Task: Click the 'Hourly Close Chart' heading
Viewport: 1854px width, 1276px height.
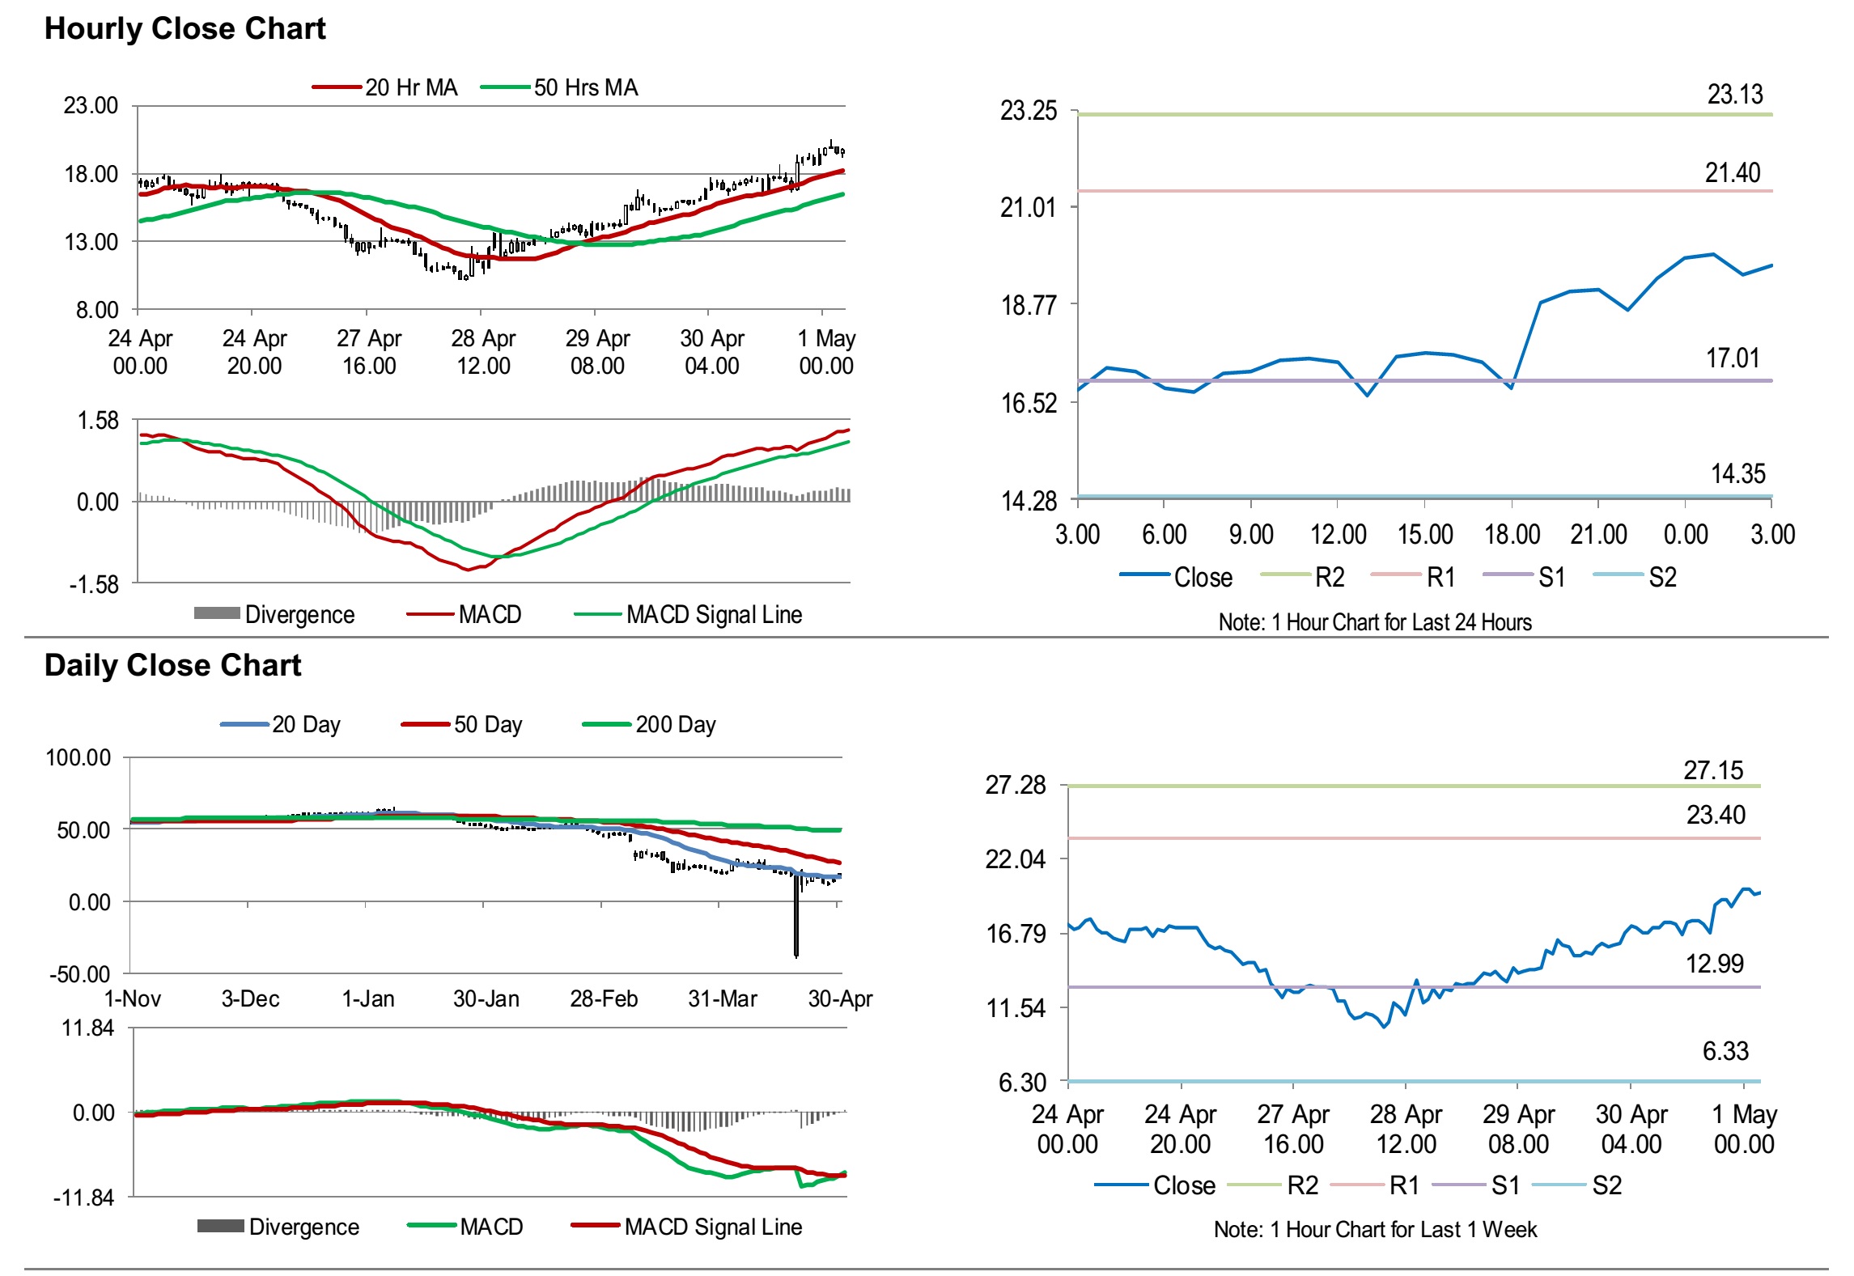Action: point(185,28)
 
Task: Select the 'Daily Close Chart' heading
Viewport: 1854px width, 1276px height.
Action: point(172,665)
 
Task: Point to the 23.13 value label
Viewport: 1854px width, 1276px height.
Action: point(1734,95)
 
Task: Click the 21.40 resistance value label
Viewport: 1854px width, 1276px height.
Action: point(1732,172)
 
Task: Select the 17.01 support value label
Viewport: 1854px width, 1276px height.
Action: point(1732,358)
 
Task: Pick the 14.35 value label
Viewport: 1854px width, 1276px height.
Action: point(1737,473)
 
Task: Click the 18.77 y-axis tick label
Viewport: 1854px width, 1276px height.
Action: point(1029,305)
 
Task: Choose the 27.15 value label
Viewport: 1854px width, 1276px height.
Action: point(1713,770)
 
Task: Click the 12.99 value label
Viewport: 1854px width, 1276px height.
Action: point(1714,964)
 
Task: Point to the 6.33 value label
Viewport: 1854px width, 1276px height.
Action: point(1725,1051)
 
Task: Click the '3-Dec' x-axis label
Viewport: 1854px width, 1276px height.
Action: point(250,998)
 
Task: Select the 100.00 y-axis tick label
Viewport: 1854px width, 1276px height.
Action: point(78,757)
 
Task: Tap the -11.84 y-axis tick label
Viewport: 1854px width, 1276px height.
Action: point(83,1198)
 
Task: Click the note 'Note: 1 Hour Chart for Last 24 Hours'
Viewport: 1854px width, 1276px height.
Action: point(1374,622)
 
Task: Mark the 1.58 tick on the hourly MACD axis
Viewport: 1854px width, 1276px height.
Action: point(97,420)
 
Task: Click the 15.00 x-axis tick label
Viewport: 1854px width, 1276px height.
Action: point(1425,534)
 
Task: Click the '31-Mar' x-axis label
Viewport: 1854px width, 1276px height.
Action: point(722,998)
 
